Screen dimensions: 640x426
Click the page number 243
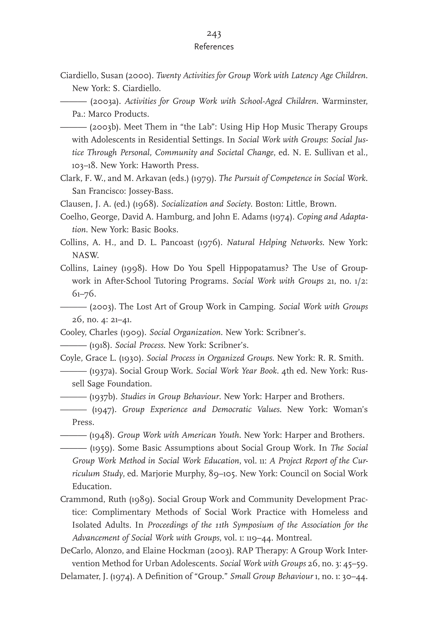coord(214,34)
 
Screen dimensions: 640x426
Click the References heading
coord(214,47)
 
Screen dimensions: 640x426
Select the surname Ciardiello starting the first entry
coord(79,75)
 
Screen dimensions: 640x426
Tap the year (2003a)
coord(105,101)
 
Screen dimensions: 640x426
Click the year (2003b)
coord(105,127)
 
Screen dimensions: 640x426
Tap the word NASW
coord(85,255)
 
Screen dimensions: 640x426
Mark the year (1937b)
coord(103,396)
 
